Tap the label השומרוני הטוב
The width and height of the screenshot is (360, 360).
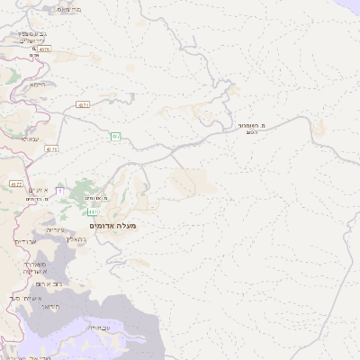click(x=256, y=128)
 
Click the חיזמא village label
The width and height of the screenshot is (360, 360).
click(x=37, y=84)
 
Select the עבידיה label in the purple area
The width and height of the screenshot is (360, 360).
click(x=73, y=327)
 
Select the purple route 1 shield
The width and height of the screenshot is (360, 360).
click(x=60, y=191)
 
